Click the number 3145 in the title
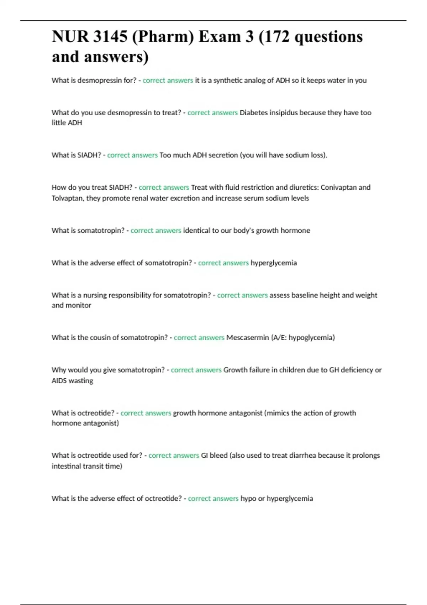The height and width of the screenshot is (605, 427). click(x=110, y=37)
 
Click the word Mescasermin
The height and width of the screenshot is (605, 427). click(x=248, y=338)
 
